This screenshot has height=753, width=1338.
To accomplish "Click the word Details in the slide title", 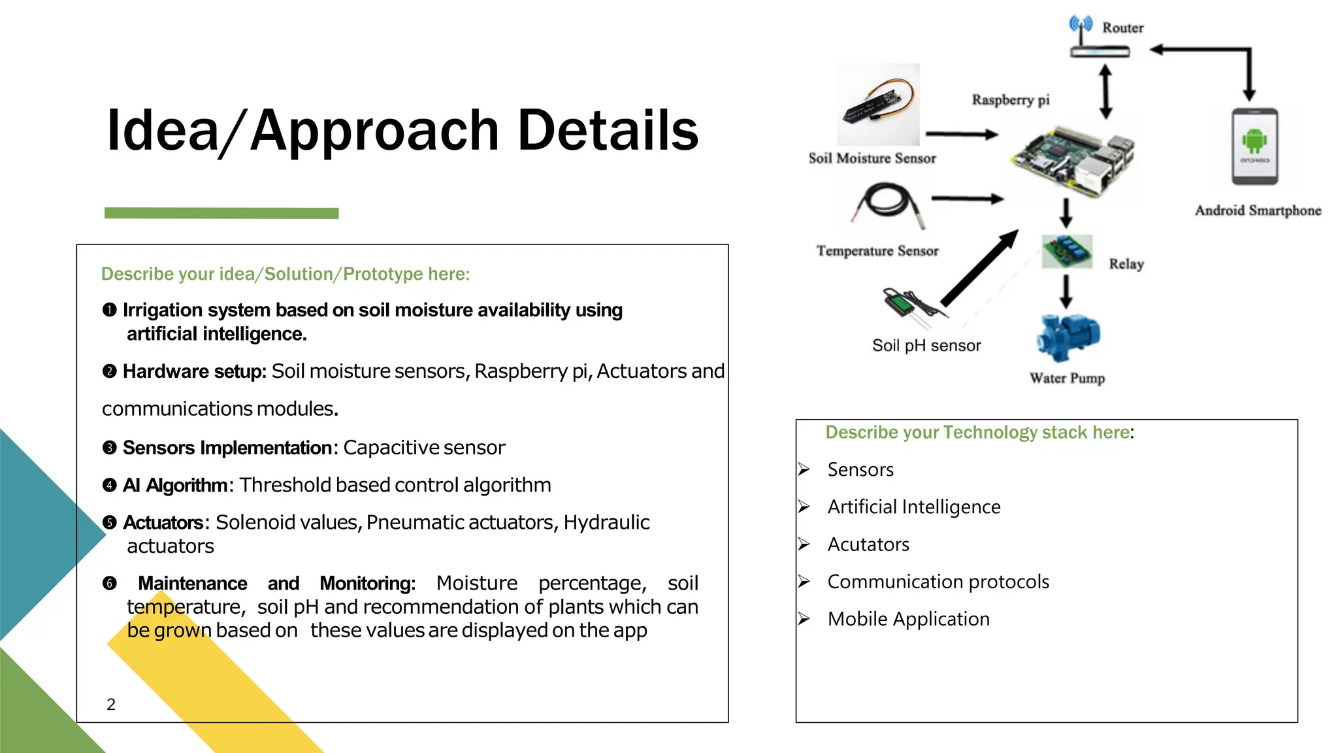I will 608,130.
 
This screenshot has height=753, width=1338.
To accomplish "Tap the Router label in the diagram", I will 1122,27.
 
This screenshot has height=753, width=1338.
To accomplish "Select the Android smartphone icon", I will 1254,147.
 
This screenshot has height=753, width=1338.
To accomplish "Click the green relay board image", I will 1067,252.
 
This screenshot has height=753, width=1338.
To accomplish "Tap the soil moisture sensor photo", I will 878,105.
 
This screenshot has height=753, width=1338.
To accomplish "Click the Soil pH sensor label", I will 926,346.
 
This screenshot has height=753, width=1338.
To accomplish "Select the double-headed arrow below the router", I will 1105,92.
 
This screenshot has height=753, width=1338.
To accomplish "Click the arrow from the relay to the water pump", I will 1066,292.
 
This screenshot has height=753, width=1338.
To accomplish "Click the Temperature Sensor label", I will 877,251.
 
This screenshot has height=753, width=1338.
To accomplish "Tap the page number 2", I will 111,704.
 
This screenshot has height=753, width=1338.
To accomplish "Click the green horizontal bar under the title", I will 221,213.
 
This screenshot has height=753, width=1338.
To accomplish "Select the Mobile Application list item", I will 908,619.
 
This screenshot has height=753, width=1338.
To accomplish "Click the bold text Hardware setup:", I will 194,371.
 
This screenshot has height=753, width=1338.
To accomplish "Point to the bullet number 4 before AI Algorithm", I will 109,485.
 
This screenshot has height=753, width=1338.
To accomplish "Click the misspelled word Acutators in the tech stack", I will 868,544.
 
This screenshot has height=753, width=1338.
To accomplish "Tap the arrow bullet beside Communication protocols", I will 804,582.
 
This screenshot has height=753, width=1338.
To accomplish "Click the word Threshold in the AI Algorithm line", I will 285,485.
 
